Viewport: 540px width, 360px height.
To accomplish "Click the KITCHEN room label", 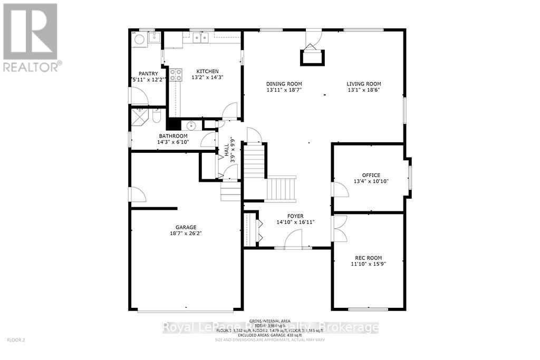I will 207,72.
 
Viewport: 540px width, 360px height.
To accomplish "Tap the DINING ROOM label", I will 284,84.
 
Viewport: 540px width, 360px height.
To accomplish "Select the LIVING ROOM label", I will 364,84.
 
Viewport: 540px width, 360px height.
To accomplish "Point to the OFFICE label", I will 371,176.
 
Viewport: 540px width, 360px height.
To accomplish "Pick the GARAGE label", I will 186,228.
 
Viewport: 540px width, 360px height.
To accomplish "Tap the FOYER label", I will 295,216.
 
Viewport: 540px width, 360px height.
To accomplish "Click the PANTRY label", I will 148,74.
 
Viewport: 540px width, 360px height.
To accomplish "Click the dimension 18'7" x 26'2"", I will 186,234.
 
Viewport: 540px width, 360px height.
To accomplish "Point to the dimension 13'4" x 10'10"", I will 371,182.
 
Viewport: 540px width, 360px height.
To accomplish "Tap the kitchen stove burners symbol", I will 175,74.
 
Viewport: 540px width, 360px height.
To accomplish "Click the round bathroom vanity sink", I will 190,125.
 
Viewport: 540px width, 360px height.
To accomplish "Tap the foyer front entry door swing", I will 293,240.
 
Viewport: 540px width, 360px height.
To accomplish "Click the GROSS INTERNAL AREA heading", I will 269,320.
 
